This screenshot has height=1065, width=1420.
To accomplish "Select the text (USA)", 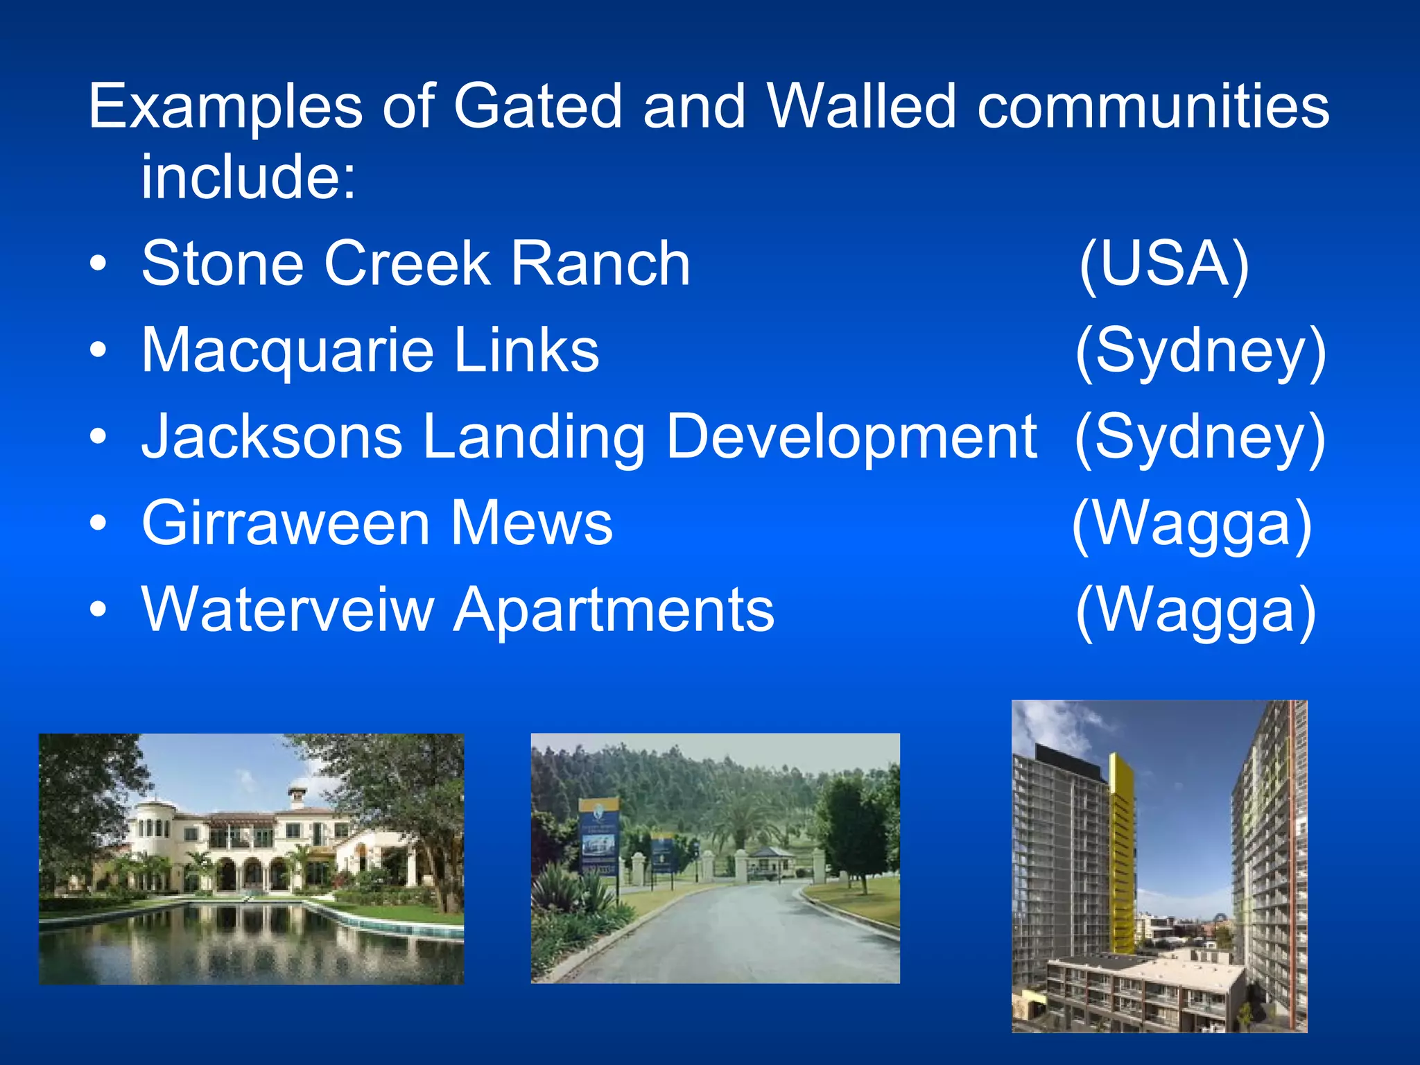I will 1164,263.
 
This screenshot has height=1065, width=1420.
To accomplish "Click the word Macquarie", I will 287,351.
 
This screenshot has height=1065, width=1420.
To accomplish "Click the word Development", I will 851,438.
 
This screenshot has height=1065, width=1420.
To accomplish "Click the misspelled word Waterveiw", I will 287,610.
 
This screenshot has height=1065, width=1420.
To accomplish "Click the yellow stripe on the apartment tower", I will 1120,853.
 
